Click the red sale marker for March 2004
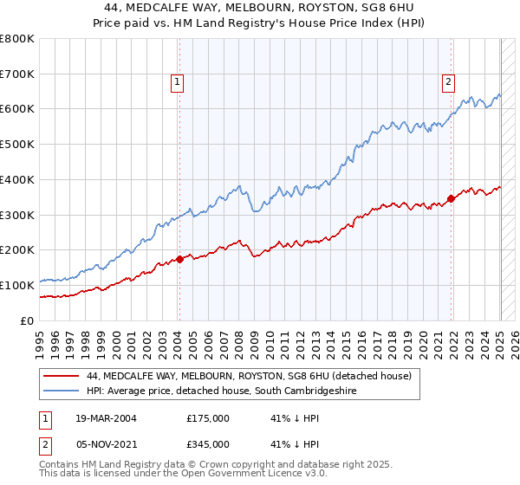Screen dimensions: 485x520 pyautogui.click(x=179, y=258)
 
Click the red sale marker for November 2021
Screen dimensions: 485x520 pyautogui.click(x=452, y=198)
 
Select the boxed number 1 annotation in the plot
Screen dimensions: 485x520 pyautogui.click(x=177, y=82)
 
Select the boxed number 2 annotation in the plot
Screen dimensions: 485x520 pyautogui.click(x=448, y=82)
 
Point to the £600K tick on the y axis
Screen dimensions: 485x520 pyautogui.click(x=17, y=109)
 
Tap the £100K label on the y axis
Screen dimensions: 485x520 pyautogui.click(x=17, y=285)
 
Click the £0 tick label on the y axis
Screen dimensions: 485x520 pyautogui.click(x=28, y=320)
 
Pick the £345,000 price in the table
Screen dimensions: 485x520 pyautogui.click(x=208, y=443)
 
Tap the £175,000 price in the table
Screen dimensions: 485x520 pyautogui.click(x=208, y=418)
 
